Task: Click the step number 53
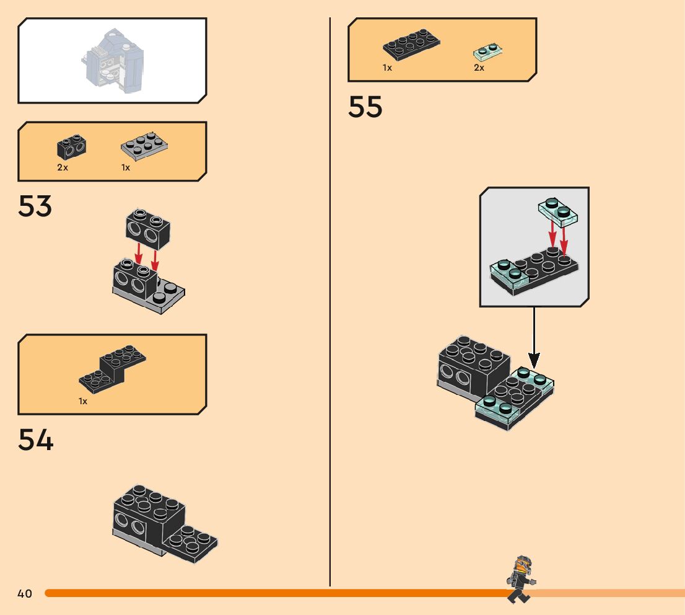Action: (35, 207)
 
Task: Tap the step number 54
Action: (36, 440)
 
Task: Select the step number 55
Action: (365, 107)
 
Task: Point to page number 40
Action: (25, 594)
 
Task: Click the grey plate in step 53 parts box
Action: (144, 144)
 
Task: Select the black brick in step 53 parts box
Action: (72, 146)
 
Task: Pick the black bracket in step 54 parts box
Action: (113, 369)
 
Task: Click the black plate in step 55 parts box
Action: (411, 45)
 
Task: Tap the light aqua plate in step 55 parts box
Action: (488, 51)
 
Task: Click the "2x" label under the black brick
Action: (63, 167)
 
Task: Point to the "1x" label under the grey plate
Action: (126, 167)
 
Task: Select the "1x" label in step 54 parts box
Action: (83, 401)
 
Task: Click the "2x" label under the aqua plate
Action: (479, 68)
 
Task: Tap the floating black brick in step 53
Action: (148, 228)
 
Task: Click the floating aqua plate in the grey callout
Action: (557, 212)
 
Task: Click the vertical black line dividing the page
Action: (329, 310)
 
